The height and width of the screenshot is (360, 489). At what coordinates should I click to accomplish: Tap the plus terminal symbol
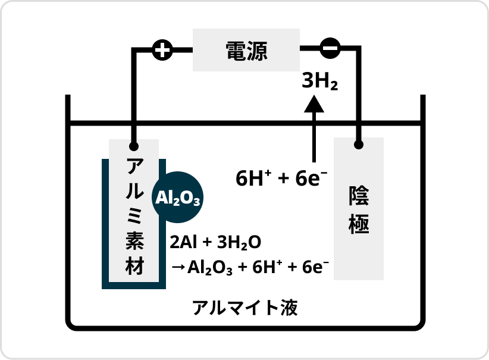[x=162, y=51]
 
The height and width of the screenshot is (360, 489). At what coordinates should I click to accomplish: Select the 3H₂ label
[x=320, y=82]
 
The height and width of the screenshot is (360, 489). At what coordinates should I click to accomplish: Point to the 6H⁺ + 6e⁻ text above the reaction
[x=282, y=178]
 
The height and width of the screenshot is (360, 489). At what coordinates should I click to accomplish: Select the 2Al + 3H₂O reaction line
[x=215, y=243]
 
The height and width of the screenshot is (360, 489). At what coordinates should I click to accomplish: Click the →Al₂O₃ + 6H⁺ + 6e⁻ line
[x=250, y=267]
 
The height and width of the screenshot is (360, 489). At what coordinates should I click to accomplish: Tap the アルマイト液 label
[x=244, y=308]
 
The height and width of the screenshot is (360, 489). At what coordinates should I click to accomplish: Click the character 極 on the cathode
[x=359, y=224]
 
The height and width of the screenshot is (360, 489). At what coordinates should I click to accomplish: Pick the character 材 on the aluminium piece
[x=134, y=265]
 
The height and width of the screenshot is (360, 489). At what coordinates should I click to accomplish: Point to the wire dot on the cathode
[x=358, y=145]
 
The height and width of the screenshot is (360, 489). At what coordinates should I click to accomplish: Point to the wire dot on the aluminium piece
[x=134, y=146]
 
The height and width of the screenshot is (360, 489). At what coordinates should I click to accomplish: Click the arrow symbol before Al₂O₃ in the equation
[x=178, y=267]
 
